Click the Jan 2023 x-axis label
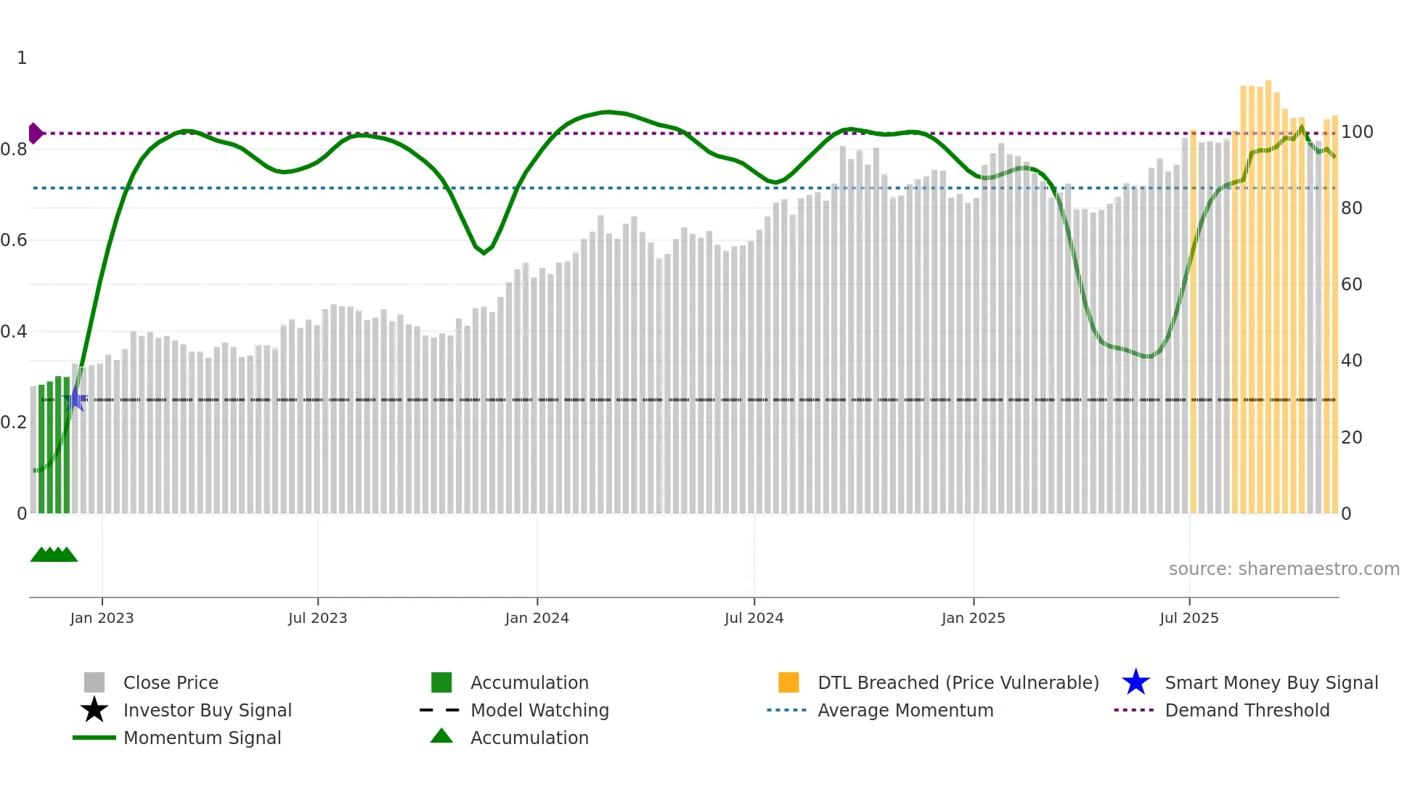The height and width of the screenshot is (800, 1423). pyautogui.click(x=102, y=618)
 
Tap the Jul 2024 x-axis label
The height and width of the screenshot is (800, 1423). pyautogui.click(x=754, y=618)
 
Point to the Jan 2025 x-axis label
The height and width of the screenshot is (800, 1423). pyautogui.click(x=973, y=618)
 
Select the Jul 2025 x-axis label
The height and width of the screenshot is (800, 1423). pyautogui.click(x=1188, y=618)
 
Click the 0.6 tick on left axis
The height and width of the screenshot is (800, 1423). pyautogui.click(x=14, y=240)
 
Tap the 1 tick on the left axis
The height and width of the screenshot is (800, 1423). pyautogui.click(x=22, y=58)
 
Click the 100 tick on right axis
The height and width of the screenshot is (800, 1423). pyautogui.click(x=1356, y=132)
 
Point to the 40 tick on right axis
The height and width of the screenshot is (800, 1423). pyautogui.click(x=1351, y=361)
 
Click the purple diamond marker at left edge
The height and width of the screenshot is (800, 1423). pyautogui.click(x=35, y=134)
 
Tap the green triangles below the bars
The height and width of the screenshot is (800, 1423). pyautogui.click(x=54, y=555)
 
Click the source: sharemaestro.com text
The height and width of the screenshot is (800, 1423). pyautogui.click(x=1284, y=569)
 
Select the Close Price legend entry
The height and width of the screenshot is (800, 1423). pyautogui.click(x=171, y=682)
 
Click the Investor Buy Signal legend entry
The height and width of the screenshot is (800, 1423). pyautogui.click(x=207, y=710)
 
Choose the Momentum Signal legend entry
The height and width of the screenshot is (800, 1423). pyautogui.click(x=202, y=738)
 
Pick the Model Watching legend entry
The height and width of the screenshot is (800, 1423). pyautogui.click(x=539, y=710)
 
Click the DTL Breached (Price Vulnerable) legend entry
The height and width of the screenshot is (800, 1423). pyautogui.click(x=958, y=682)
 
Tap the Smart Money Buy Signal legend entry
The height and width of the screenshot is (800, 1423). pyautogui.click(x=1271, y=682)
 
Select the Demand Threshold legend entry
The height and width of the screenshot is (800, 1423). pyautogui.click(x=1247, y=710)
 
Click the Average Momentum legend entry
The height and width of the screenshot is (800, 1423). pyautogui.click(x=905, y=710)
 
